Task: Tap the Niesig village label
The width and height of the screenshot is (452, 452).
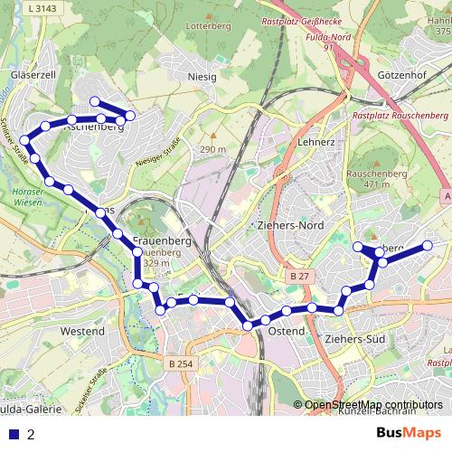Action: (x=202, y=77)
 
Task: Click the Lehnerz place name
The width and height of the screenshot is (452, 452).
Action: (x=315, y=143)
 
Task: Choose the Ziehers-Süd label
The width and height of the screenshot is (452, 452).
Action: (x=355, y=338)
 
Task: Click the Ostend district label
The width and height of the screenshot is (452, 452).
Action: (x=286, y=333)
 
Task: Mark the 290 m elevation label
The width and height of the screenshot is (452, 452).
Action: (x=212, y=149)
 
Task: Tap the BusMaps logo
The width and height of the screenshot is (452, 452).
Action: (x=409, y=433)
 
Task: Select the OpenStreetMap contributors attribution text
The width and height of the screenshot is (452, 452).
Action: (x=373, y=404)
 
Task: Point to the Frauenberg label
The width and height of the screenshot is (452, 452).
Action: (x=160, y=240)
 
